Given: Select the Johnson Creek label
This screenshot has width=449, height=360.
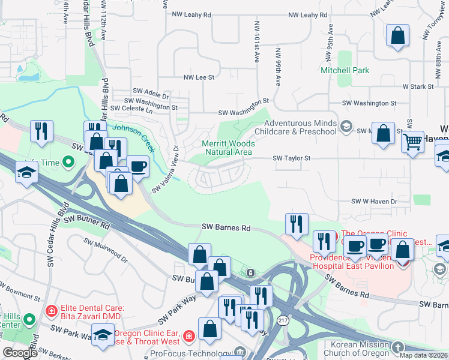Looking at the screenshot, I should click(x=135, y=128).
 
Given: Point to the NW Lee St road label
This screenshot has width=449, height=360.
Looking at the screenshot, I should click(x=198, y=77).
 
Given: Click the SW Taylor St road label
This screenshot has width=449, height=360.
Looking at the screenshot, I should click(x=291, y=158).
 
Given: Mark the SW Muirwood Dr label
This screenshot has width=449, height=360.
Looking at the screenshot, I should click(x=106, y=251).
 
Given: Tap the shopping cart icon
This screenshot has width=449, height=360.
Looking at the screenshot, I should click(x=412, y=143).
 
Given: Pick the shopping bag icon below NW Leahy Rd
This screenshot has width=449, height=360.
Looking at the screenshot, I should click(x=397, y=35).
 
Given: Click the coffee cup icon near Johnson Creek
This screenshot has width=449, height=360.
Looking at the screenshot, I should click(x=137, y=166).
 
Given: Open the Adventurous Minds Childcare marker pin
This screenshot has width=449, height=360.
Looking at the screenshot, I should click(x=345, y=126).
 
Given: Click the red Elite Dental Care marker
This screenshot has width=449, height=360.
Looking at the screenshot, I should click(x=52, y=311).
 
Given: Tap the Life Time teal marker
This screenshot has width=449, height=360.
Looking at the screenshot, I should click(x=68, y=162).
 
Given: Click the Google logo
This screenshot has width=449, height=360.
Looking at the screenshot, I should click(x=20, y=353).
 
